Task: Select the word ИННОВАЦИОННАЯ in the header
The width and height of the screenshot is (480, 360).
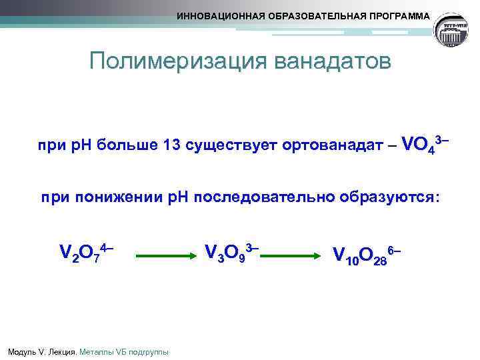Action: [x=217, y=15]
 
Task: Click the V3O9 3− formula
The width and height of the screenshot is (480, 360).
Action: [x=231, y=253]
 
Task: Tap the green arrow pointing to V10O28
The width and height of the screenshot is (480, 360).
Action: [x=297, y=255]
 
